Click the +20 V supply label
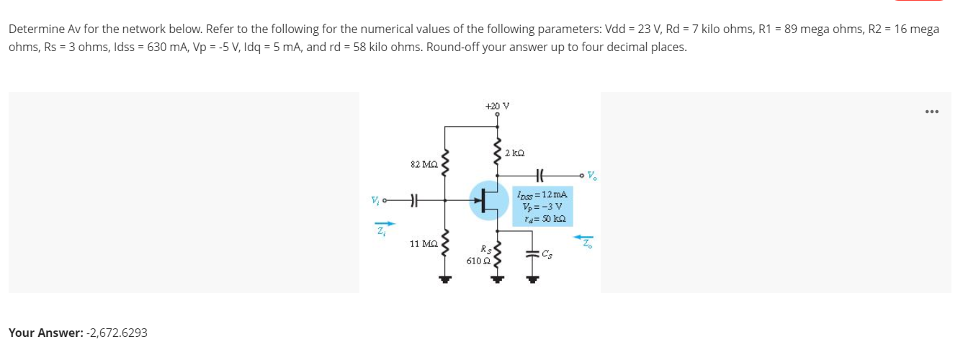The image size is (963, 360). pyautogui.click(x=496, y=105)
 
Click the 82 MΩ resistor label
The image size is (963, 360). pyautogui.click(x=421, y=165)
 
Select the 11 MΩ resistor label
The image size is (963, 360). pyautogui.click(x=421, y=244)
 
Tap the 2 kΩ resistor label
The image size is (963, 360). pyautogui.click(x=514, y=153)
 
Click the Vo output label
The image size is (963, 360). pyautogui.click(x=592, y=174)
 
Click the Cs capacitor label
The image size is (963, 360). pyautogui.click(x=549, y=253)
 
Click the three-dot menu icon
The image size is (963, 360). pyautogui.click(x=931, y=112)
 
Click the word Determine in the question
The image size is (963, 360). pyautogui.click(x=33, y=30)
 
